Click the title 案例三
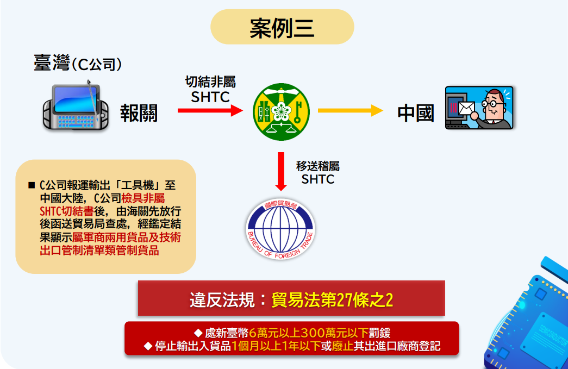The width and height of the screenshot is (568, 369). point(282,28)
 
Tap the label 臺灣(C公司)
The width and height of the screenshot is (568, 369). point(78,63)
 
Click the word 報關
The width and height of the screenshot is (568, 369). point(139,113)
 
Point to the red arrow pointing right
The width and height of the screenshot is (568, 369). point(210,110)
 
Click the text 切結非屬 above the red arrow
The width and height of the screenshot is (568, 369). point(210,82)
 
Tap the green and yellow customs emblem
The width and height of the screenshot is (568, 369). point(281,111)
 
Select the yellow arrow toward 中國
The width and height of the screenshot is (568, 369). point(350,110)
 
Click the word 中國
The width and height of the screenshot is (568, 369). point(415,113)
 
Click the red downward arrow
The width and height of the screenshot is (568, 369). point(281,171)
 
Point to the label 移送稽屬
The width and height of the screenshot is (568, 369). point(317,166)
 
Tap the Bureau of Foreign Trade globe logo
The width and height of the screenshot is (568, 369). point(280,229)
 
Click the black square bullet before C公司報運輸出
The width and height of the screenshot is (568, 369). point(32,185)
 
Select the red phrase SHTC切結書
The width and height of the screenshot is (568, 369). point(67,211)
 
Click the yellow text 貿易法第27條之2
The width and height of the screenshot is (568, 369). point(332,300)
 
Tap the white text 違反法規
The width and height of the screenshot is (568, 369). point(222,300)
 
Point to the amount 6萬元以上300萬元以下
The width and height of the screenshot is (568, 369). point(309,333)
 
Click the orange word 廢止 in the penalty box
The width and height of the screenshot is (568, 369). point(342,346)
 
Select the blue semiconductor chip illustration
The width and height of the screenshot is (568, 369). point(529,318)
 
